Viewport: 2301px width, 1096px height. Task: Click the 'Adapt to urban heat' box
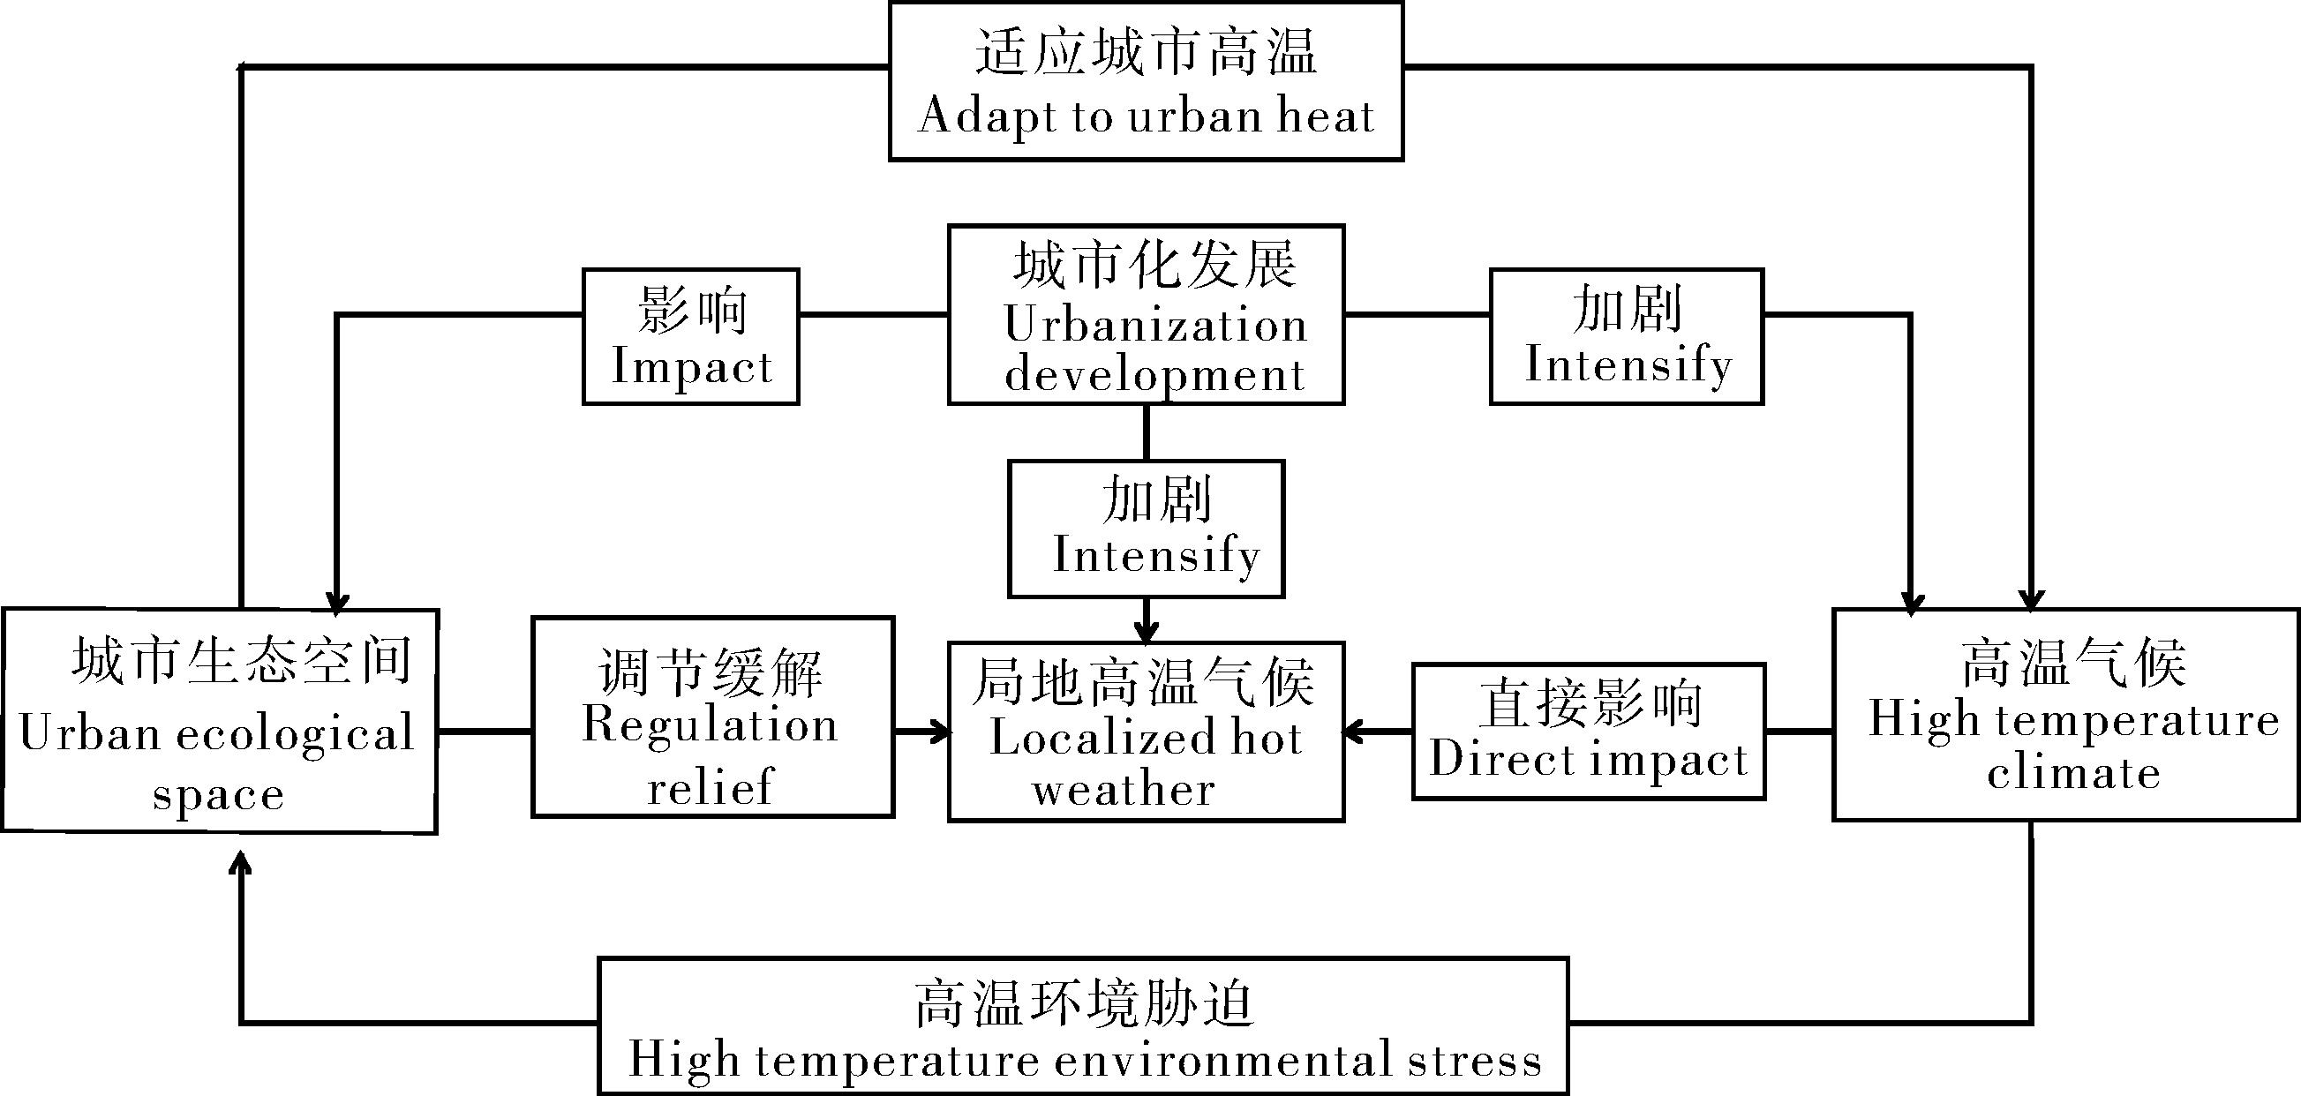point(1146,81)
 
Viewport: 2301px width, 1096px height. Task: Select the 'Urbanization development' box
point(1146,315)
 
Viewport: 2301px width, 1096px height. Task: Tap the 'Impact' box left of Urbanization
point(690,337)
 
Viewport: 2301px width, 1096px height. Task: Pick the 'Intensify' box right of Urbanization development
point(1627,337)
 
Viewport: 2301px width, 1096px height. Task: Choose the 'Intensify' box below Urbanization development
point(1146,529)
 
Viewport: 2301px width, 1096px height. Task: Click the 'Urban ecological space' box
point(219,721)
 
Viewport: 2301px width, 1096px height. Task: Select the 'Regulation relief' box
point(713,717)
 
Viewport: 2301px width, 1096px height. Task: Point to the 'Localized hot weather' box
point(1146,732)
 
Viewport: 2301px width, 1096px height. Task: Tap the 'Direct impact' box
point(1589,732)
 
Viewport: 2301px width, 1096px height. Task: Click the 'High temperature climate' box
point(2066,715)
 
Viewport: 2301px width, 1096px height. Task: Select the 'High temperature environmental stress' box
point(1084,1026)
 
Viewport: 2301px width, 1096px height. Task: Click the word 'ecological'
point(296,735)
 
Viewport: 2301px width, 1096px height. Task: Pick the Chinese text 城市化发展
point(1154,265)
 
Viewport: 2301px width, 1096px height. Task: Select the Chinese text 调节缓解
point(711,672)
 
